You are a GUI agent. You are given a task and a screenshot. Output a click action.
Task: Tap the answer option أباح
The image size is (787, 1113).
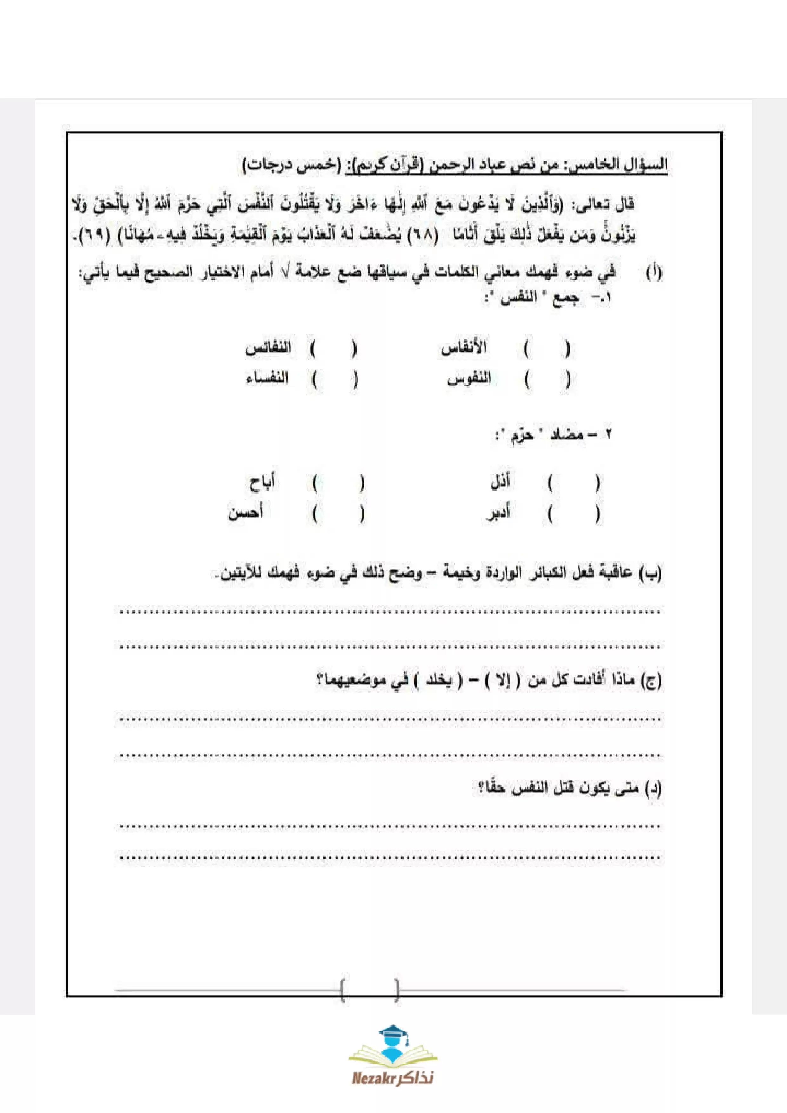[262, 483]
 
